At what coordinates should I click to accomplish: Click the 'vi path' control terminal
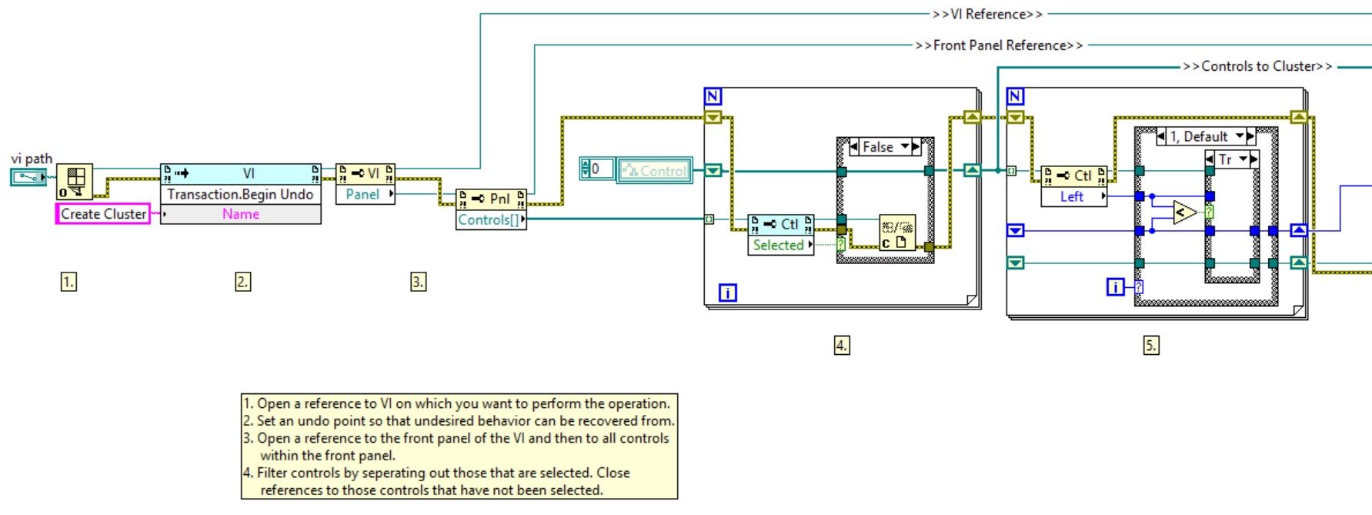[28, 178]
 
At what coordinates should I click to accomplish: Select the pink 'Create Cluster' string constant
[103, 214]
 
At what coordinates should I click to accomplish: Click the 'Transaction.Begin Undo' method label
[240, 195]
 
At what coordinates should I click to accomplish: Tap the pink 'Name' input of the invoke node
[240, 214]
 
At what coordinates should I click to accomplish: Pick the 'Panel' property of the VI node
[362, 195]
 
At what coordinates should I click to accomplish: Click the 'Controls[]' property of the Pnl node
[489, 220]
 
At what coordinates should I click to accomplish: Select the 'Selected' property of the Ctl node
[778, 245]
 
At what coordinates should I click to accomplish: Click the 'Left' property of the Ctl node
[1071, 197]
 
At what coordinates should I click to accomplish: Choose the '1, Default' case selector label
[1199, 137]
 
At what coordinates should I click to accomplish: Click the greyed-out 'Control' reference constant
[655, 171]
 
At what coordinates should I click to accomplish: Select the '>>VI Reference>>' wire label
[987, 14]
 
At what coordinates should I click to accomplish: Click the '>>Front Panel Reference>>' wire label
[999, 45]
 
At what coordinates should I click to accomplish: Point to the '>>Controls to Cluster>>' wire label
[1257, 66]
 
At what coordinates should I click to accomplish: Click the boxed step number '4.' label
[842, 345]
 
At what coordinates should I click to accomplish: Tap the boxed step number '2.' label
[242, 282]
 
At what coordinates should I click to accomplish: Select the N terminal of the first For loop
[713, 96]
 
